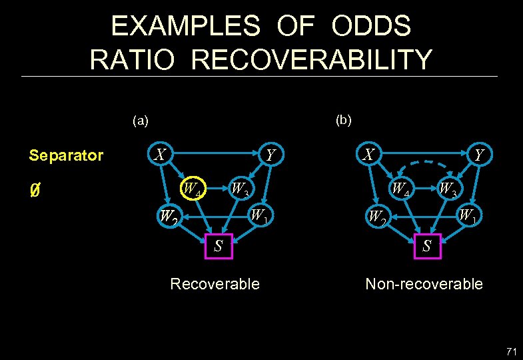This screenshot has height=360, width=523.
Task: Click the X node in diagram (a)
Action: (x=160, y=155)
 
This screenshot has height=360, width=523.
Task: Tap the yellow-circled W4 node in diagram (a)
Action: (x=193, y=190)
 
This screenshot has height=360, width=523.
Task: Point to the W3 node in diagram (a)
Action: (x=240, y=190)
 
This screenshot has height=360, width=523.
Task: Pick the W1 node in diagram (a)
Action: (x=259, y=216)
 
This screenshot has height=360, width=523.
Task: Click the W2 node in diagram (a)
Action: (x=168, y=217)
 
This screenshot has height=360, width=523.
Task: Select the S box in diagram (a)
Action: (x=217, y=246)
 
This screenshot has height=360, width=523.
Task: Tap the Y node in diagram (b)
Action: (x=478, y=155)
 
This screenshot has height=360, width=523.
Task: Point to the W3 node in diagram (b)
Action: (x=448, y=190)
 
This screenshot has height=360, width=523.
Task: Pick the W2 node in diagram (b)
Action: (x=377, y=217)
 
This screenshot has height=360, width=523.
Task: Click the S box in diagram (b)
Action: (x=426, y=246)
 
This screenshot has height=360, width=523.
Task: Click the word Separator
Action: (x=66, y=156)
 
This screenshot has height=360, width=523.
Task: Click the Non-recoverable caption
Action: (x=424, y=285)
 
